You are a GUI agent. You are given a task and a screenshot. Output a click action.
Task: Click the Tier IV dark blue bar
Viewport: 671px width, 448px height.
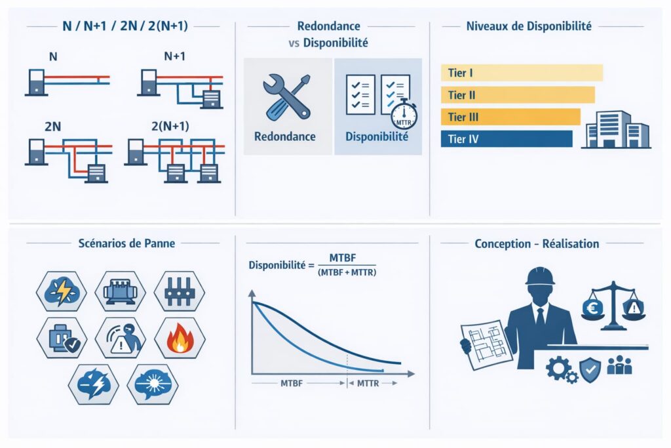coord(507,139)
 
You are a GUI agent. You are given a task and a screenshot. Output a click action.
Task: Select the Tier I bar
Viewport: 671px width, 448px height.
coord(522,73)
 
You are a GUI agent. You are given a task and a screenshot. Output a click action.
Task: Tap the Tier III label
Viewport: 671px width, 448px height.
coord(463,117)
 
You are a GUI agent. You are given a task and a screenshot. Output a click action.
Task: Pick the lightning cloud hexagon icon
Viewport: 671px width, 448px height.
coord(62,292)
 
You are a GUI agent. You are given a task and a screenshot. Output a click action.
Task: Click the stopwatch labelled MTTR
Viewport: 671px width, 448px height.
coord(404,115)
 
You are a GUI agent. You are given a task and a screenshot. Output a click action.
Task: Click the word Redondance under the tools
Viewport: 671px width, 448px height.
coord(285,136)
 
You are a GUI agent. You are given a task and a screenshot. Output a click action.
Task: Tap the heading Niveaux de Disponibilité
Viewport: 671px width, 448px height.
coord(529,26)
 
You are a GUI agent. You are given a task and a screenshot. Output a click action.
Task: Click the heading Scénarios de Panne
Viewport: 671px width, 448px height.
coord(126,243)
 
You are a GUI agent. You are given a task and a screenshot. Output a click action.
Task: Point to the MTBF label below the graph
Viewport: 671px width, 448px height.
coord(292,383)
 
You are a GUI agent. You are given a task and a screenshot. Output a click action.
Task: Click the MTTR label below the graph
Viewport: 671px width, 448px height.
coord(368,383)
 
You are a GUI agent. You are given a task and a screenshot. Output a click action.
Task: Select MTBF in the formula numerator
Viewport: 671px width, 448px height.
coord(343,258)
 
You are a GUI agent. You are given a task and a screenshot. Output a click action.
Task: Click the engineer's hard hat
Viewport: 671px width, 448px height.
coord(540,277)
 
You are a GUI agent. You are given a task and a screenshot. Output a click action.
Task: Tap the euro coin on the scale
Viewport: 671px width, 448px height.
coord(592,308)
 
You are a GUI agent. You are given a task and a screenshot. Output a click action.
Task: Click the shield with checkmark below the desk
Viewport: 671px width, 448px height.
coord(590,369)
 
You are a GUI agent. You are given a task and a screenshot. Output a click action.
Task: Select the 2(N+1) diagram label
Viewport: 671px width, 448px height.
coord(170,126)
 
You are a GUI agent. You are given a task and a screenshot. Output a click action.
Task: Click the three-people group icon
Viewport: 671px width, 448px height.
coord(619,365)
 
